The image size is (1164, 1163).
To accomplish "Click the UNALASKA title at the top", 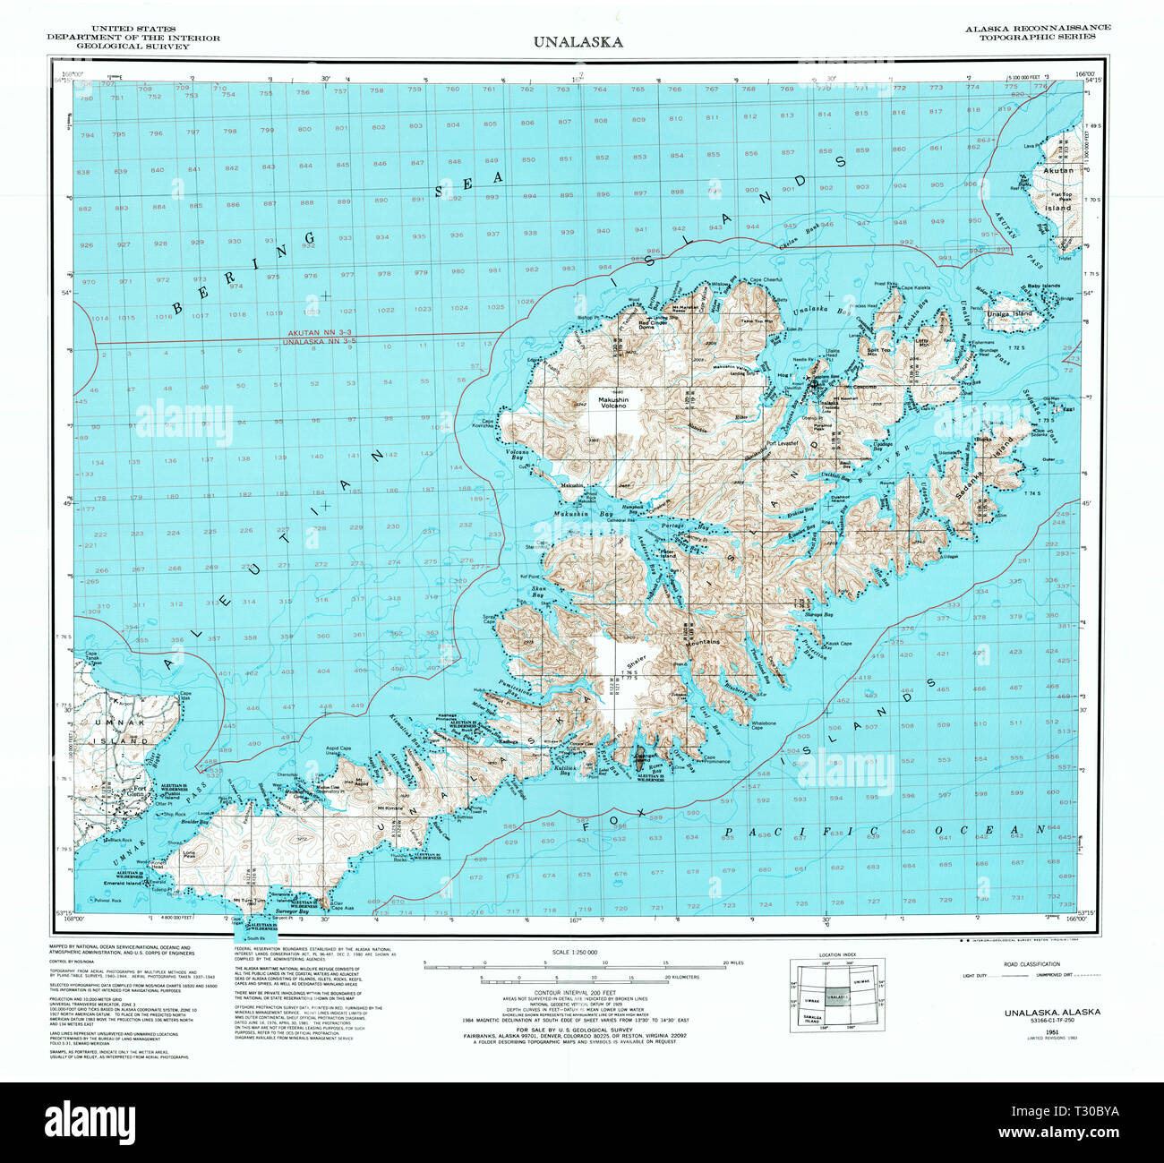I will [x=578, y=41].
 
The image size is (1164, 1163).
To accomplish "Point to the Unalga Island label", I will [x=1009, y=314].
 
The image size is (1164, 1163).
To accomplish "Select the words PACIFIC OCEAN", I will [x=882, y=832].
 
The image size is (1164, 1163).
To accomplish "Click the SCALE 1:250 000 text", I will [x=574, y=952].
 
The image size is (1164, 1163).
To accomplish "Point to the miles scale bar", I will [x=574, y=964].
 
